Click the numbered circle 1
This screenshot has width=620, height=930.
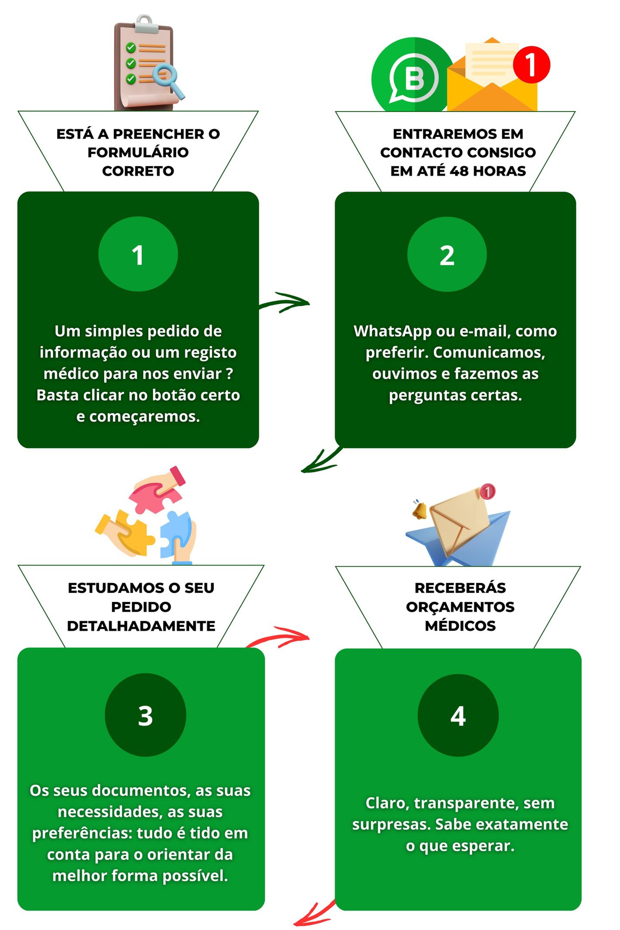click(138, 254)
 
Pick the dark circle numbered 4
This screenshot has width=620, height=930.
click(458, 715)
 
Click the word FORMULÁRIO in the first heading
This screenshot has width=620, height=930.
click(138, 152)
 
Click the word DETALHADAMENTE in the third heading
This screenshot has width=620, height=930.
click(141, 626)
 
